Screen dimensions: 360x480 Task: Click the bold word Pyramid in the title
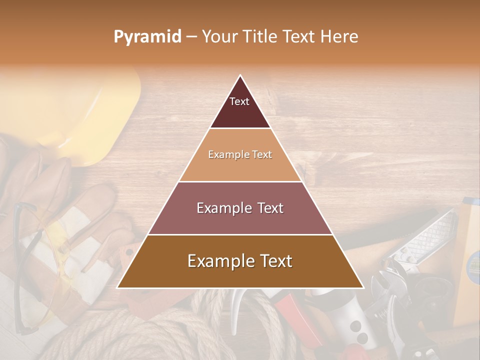pyautogui.click(x=147, y=36)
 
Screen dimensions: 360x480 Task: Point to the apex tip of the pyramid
pyautogui.click(x=240, y=76)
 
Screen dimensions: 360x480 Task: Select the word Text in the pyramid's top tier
pyautogui.click(x=239, y=101)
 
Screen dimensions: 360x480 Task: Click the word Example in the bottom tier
pyautogui.click(x=219, y=261)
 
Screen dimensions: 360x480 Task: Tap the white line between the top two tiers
pyautogui.click(x=240, y=128)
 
